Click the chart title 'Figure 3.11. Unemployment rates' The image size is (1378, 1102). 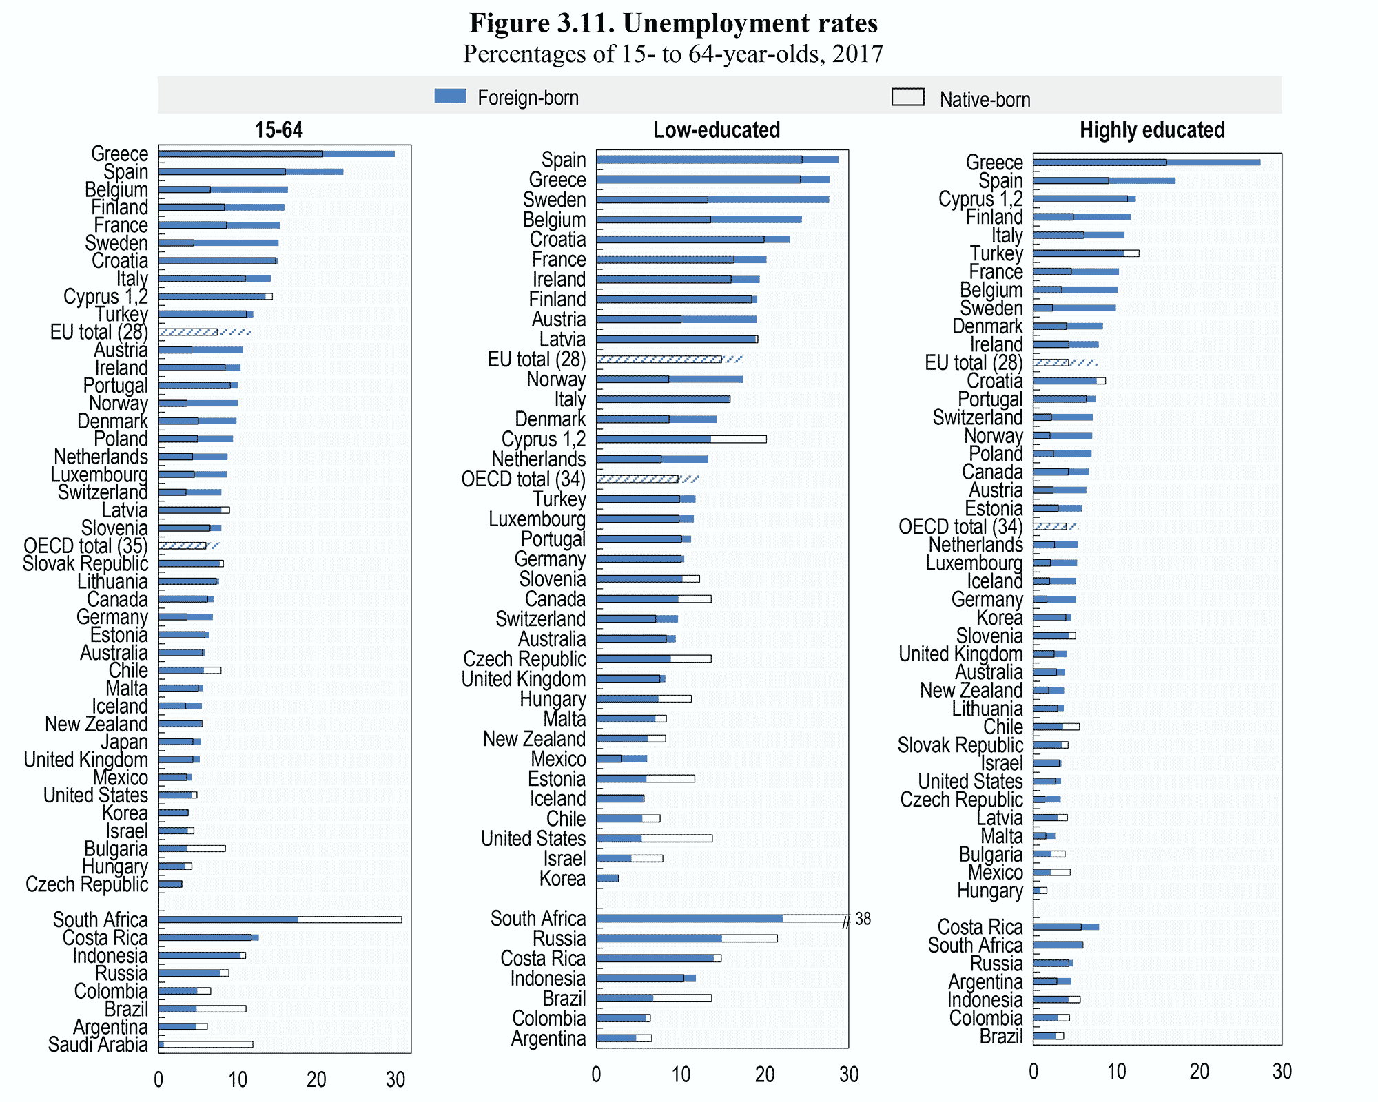pos(673,23)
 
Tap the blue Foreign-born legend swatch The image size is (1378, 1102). pos(450,96)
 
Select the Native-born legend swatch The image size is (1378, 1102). pos(907,97)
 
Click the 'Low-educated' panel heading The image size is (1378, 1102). pos(717,130)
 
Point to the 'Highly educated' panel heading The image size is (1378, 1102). pos(1152,130)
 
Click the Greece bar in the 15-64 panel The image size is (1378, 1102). pos(276,154)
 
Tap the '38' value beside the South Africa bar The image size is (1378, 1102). pos(863,919)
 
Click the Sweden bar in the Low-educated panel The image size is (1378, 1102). pos(712,200)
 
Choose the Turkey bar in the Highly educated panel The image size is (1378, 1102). pos(1085,253)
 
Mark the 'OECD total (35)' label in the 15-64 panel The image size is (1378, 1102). pos(85,546)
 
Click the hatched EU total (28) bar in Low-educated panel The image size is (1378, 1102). pos(668,360)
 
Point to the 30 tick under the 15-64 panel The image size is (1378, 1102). pos(395,1079)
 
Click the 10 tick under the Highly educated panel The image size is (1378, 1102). pos(1116,1071)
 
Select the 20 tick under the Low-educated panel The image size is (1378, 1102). pos(765,1074)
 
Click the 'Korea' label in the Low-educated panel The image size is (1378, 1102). pos(562,879)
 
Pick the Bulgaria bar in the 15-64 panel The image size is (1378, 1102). pos(192,849)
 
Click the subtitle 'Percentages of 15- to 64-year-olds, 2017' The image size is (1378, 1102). pos(673,54)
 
